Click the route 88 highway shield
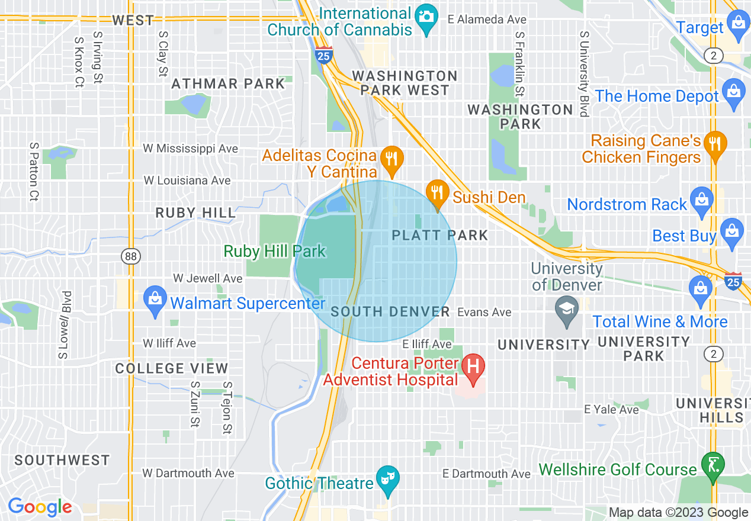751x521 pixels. point(130,256)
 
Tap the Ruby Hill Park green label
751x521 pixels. point(274,251)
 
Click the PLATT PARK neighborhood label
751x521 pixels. point(440,235)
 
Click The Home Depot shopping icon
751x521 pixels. point(734,93)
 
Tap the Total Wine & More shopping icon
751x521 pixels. point(701,291)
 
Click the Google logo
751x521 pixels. point(40,507)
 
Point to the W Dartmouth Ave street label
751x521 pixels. point(188,473)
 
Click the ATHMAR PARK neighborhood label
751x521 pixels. point(228,83)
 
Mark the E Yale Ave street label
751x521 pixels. point(611,409)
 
